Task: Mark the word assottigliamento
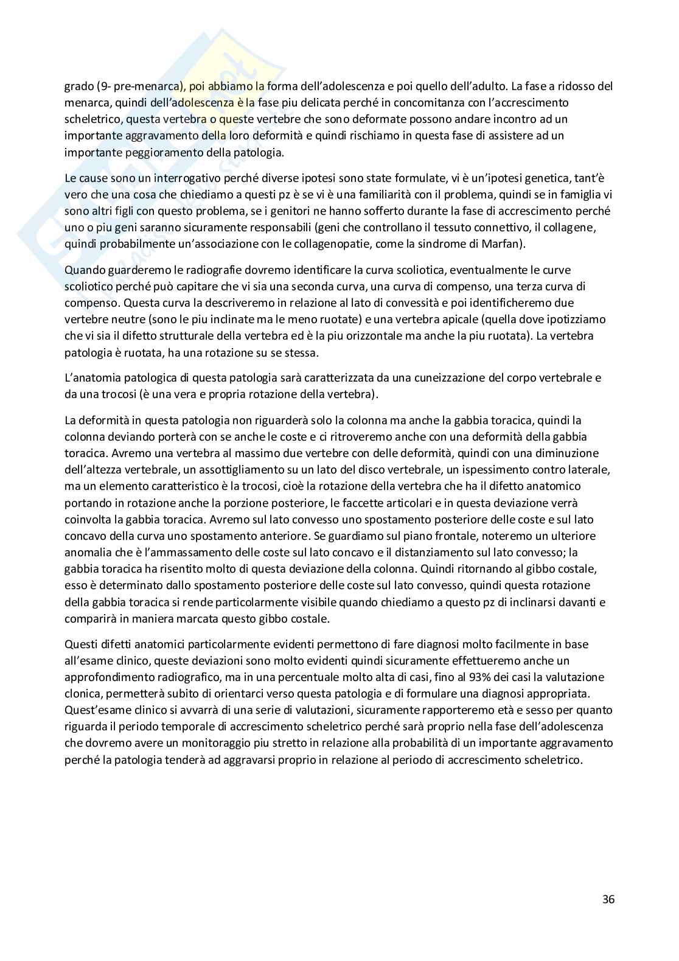(290, 469)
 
